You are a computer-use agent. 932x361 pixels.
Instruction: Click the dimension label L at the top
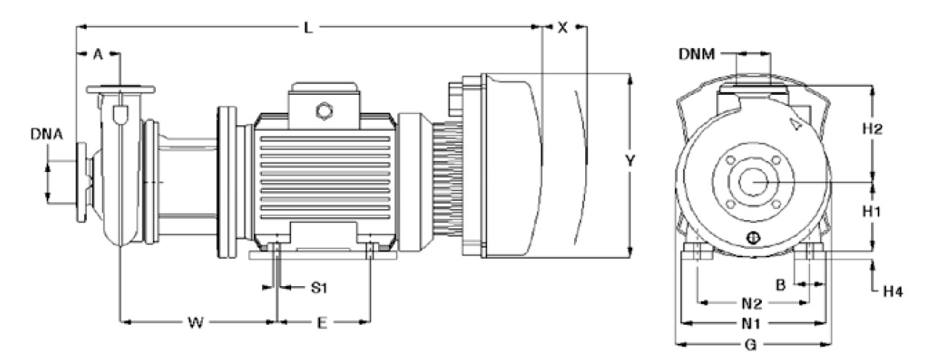tap(310, 27)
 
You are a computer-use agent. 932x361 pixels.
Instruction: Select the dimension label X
tap(563, 27)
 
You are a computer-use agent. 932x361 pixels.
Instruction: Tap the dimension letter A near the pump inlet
tap(97, 53)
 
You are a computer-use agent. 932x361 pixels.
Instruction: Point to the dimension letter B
tap(781, 283)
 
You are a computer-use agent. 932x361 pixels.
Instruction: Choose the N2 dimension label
tap(752, 303)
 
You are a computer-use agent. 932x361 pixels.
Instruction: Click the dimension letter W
tap(195, 322)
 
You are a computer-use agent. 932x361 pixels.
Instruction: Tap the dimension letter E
tap(321, 322)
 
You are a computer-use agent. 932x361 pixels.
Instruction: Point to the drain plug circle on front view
tap(752, 238)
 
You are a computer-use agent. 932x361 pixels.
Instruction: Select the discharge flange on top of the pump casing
tap(121, 90)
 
